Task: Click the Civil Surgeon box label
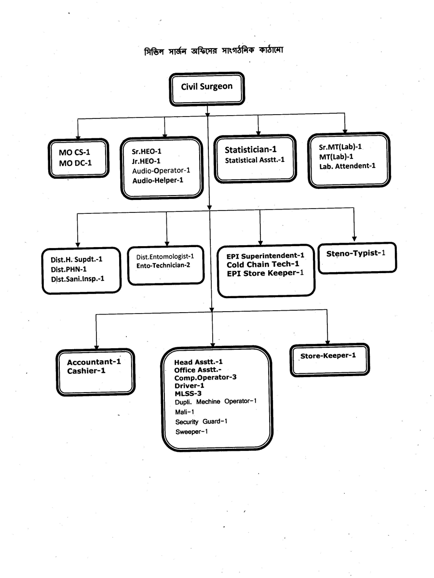[206, 86]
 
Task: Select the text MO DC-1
[75, 163]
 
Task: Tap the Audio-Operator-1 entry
[161, 171]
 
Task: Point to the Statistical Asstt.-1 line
[255, 160]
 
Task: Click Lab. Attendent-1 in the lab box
[347, 166]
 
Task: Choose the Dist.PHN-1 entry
[68, 269]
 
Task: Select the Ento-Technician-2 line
[163, 265]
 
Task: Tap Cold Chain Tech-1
[263, 264]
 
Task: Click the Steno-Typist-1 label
[356, 253]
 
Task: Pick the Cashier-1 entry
[86, 371]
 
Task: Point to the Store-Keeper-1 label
[328, 355]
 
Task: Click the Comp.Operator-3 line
[205, 377]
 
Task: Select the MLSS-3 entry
[188, 394]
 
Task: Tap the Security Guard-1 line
[201, 421]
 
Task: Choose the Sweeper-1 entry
[191, 432]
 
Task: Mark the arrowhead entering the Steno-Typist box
[354, 238]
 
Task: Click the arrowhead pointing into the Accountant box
[96, 347]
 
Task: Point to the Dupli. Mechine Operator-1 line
[216, 402]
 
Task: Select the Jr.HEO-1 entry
[146, 161]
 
